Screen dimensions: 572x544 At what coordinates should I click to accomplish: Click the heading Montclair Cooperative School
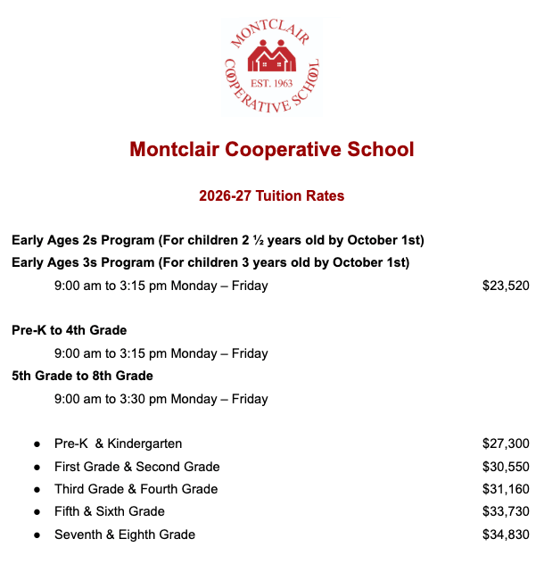[x=272, y=149]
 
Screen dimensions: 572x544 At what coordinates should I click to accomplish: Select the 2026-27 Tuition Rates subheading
[x=272, y=195]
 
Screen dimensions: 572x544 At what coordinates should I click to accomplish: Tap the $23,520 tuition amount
[x=506, y=286]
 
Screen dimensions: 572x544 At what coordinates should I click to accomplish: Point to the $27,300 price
[x=506, y=444]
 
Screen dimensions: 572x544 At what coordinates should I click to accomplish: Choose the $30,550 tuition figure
[x=506, y=467]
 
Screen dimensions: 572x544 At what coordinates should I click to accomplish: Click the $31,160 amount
[x=506, y=489]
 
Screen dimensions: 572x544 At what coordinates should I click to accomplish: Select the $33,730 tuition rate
[x=506, y=511]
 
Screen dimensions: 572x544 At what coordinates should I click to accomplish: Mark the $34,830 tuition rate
[x=506, y=535]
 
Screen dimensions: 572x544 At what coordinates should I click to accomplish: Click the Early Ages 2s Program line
[x=218, y=240]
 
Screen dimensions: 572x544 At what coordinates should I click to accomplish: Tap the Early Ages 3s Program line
[x=210, y=262]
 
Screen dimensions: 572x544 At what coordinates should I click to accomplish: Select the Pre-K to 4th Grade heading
[x=70, y=330]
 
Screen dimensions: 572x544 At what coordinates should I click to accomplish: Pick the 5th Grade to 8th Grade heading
[x=82, y=376]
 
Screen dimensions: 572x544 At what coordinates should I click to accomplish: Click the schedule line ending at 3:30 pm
[x=161, y=399]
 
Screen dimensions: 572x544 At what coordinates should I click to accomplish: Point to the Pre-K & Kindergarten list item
[x=119, y=444]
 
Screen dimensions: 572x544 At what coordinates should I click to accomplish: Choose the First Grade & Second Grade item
[x=137, y=467]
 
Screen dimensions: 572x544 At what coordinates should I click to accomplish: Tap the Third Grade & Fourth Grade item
[x=136, y=489]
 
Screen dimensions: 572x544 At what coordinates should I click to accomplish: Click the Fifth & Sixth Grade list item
[x=110, y=511]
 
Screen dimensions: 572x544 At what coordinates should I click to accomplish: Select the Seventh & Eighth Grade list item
[x=125, y=535]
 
